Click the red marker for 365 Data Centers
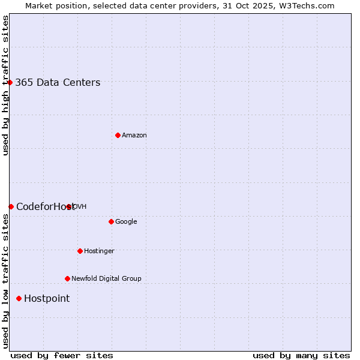click(x=10, y=82)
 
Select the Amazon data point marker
click(x=118, y=135)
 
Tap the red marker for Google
click(x=111, y=221)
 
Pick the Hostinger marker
click(x=80, y=251)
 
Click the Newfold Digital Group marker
click(x=67, y=278)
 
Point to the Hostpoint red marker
click(x=19, y=298)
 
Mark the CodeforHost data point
click(x=11, y=206)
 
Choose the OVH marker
click(x=69, y=206)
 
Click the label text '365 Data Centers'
click(x=58, y=83)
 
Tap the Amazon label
click(x=134, y=136)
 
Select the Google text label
click(x=126, y=222)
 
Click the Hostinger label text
click(x=99, y=251)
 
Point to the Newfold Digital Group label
click(x=106, y=279)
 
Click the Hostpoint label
click(x=47, y=299)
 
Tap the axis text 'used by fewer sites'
click(x=62, y=355)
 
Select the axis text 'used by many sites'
click(x=301, y=355)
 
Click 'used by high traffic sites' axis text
click(x=5, y=85)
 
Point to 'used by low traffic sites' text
click(x=5, y=281)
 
